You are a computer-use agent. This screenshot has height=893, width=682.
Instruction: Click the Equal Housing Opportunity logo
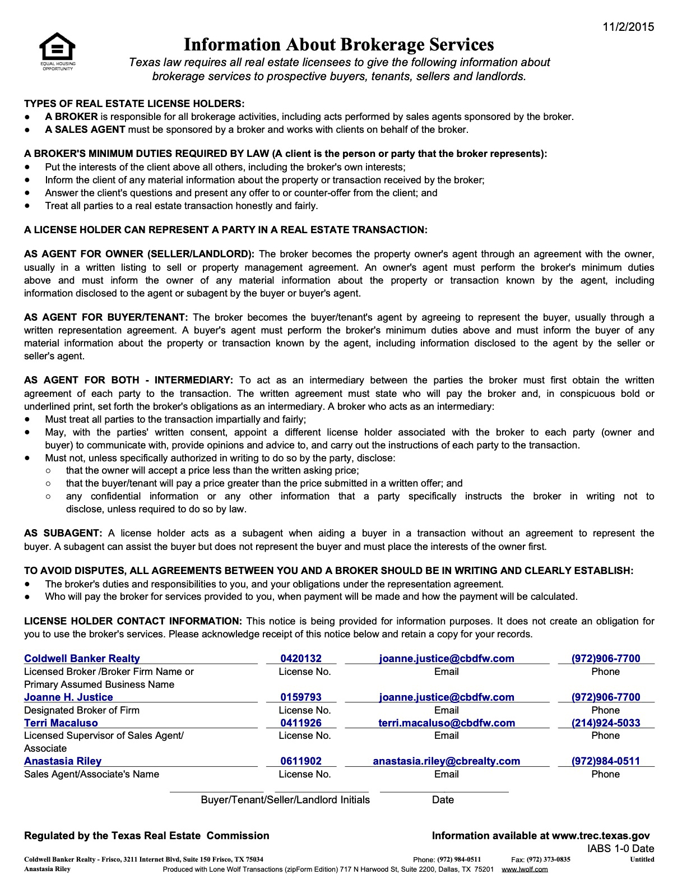coord(57,49)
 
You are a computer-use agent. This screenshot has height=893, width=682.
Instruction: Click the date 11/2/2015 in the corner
coord(628,27)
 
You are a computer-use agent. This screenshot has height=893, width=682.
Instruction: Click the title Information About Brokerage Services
coord(339,44)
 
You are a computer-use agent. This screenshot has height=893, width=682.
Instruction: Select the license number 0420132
coord(301,659)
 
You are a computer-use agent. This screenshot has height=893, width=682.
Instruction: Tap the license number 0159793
coord(301,697)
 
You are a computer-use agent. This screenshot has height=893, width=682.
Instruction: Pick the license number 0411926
coord(301,723)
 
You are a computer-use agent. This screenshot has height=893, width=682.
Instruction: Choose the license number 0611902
coord(301,761)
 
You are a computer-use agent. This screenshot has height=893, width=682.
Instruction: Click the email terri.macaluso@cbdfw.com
coord(447,723)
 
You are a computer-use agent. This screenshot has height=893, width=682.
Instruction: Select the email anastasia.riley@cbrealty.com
coord(447,761)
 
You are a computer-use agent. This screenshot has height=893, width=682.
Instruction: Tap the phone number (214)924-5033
coord(606,723)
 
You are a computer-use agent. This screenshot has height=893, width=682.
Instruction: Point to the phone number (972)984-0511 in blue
coord(606,761)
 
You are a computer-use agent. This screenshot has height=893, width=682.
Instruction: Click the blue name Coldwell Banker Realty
coord(82,659)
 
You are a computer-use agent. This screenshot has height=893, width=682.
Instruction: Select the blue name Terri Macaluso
coord(61,723)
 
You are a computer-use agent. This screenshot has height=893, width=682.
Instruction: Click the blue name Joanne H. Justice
coord(68,697)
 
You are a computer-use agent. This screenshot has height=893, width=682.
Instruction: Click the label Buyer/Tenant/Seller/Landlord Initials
coord(285,800)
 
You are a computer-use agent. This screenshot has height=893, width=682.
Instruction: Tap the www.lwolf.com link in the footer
coord(525,869)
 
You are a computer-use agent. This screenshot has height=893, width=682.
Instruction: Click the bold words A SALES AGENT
coord(85,130)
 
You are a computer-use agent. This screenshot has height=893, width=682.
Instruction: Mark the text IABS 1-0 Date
coord(621,849)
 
